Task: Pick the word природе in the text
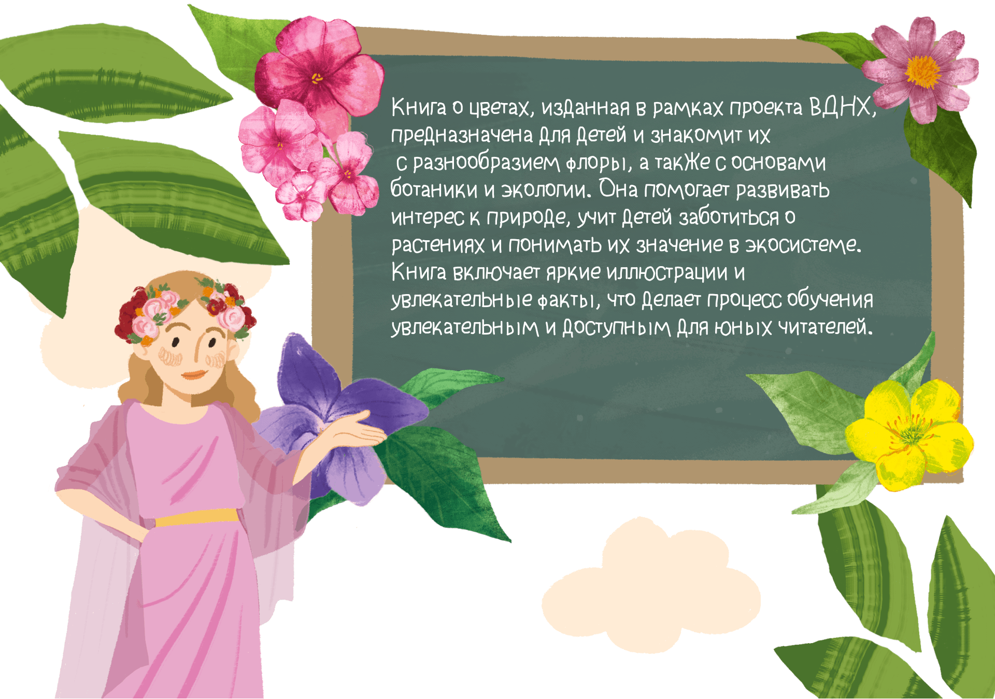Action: [527, 217]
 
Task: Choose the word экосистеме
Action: [803, 245]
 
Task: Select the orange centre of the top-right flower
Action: [923, 71]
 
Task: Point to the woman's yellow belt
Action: [197, 517]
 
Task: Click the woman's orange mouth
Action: [193, 374]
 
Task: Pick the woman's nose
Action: [197, 352]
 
